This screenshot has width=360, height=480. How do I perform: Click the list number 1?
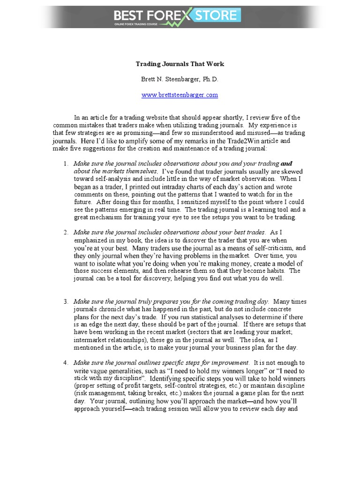click(66, 164)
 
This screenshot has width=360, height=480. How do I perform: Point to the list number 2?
click(66, 232)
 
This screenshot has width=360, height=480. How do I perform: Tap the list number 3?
click(66, 301)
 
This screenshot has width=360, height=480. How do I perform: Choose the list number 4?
click(66, 363)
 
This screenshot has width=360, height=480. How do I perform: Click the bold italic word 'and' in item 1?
click(286, 164)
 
